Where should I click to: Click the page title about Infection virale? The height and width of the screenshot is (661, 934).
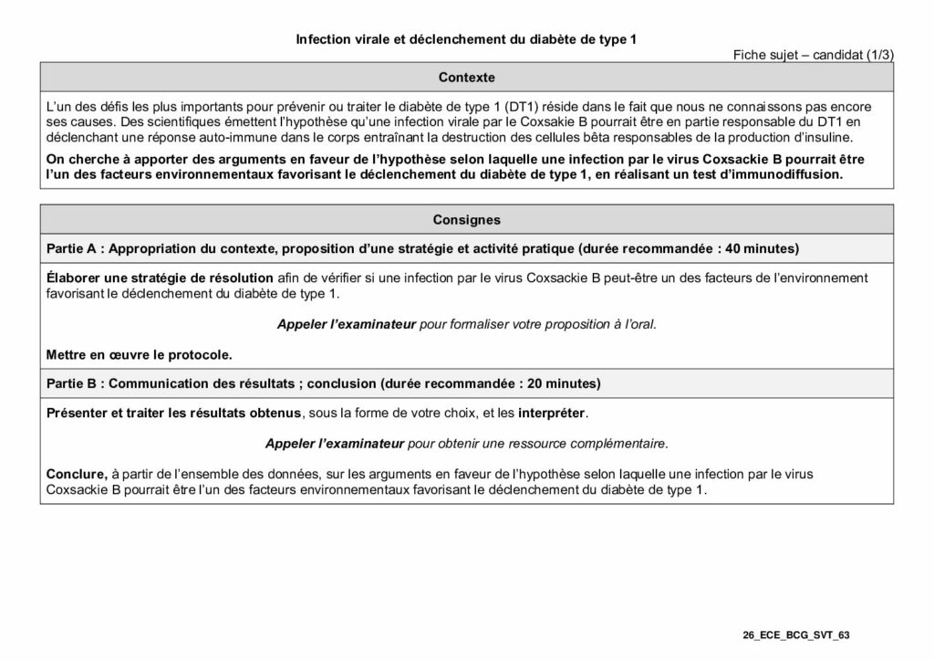click(x=466, y=39)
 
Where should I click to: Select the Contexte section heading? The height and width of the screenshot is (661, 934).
click(x=466, y=77)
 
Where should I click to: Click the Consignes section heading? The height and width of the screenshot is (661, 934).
click(x=466, y=219)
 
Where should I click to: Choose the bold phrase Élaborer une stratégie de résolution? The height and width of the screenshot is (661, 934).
click(x=160, y=278)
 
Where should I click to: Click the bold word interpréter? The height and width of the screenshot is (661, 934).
click(x=552, y=414)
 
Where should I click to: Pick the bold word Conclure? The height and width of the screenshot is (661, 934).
click(x=77, y=474)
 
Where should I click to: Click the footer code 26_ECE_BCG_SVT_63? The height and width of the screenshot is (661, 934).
click(x=796, y=635)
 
